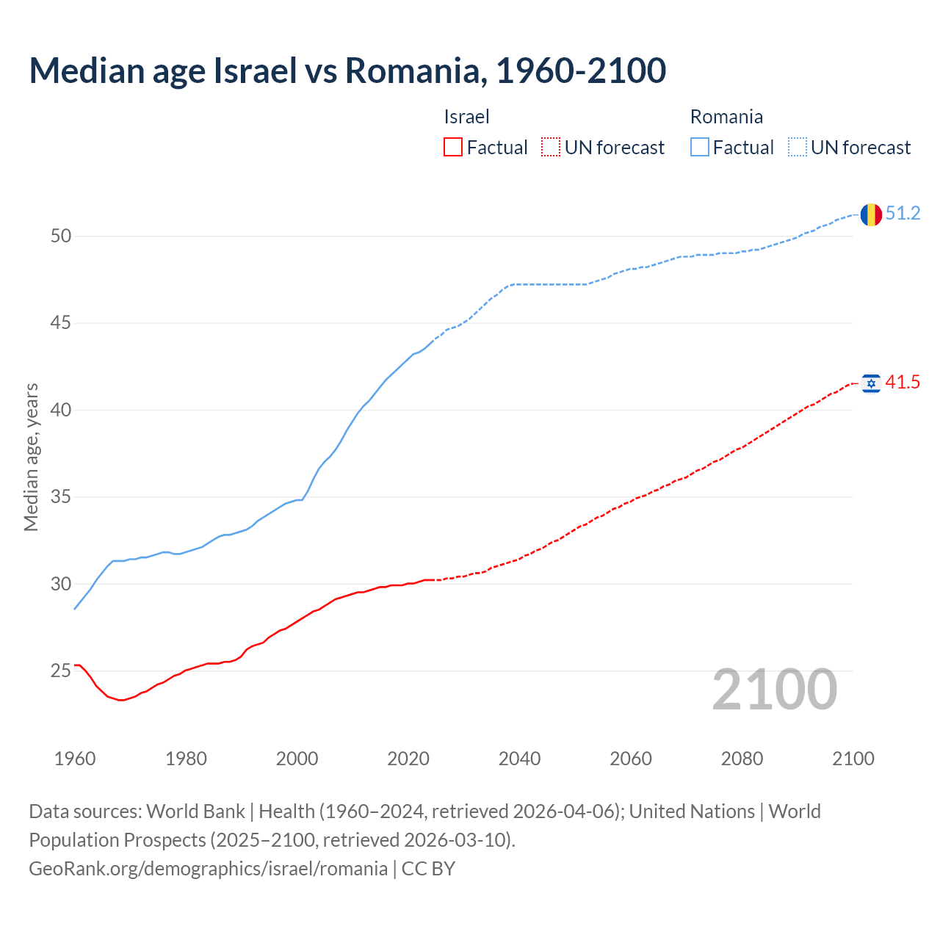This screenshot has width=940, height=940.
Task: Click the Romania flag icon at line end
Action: pos(871,214)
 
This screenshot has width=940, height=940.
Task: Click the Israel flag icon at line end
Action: pos(871,383)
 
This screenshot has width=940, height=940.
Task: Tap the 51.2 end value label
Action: pos(903,214)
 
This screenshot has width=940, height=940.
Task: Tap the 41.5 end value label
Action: pos(903,383)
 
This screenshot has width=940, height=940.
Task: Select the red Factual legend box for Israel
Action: pos(453,148)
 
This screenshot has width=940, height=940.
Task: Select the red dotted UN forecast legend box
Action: pos(551,148)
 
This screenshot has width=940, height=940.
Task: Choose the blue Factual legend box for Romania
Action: pos(700,148)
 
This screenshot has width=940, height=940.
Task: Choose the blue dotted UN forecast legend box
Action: pos(798,148)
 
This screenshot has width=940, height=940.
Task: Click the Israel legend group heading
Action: pos(466,117)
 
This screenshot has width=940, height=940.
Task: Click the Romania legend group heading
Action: pos(726,117)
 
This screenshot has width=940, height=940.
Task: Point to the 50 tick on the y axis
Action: pos(61,236)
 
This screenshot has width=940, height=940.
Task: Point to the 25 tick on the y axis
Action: pos(61,671)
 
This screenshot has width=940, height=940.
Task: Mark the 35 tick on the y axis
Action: pos(61,497)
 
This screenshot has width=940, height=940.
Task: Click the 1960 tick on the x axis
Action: pos(75,759)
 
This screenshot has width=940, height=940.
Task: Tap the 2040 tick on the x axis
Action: pos(519,759)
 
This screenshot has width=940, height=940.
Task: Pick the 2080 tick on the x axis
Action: pos(742,759)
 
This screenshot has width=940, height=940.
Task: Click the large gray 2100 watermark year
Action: pos(774,690)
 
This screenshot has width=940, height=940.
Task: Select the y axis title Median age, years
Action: pos(31,457)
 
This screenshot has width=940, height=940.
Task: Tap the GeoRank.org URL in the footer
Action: pos(208,869)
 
